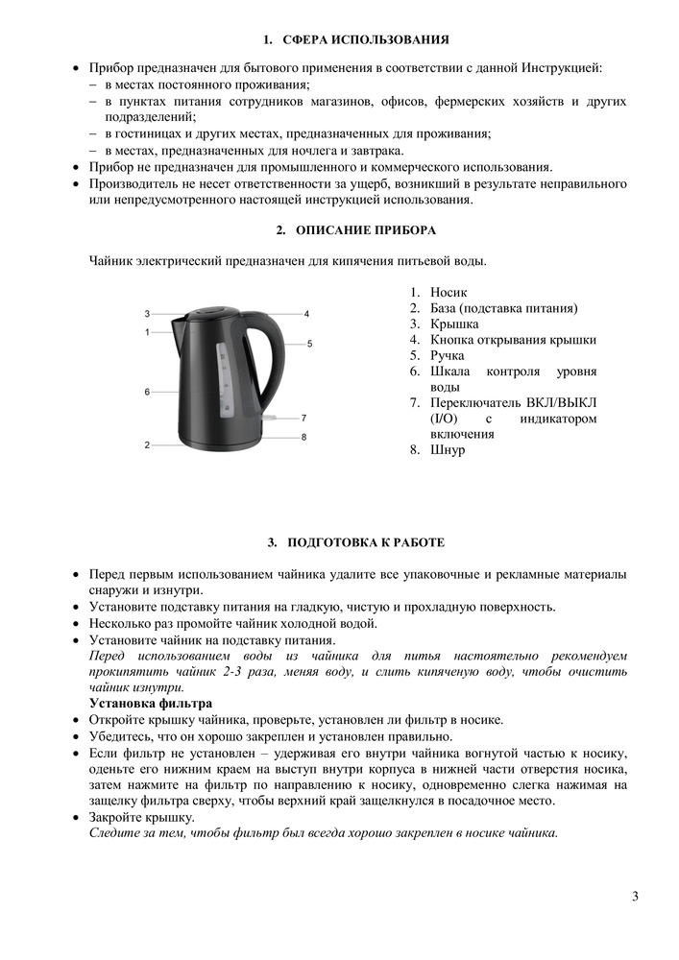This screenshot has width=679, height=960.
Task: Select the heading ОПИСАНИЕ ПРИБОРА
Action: click(x=365, y=230)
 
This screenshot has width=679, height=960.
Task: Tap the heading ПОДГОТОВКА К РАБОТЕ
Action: click(x=365, y=543)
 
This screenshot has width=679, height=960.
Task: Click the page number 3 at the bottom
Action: click(x=635, y=897)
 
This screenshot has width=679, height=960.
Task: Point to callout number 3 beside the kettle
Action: click(x=147, y=314)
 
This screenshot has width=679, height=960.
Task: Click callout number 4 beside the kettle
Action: click(x=305, y=314)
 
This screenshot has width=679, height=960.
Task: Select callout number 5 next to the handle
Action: click(x=309, y=343)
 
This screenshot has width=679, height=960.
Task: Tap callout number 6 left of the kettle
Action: click(x=147, y=392)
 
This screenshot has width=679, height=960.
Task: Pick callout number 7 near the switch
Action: click(x=303, y=418)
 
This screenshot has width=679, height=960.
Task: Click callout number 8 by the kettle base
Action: click(x=303, y=438)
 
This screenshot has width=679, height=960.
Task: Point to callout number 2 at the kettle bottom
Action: click(x=147, y=444)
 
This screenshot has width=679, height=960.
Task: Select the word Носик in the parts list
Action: click(x=449, y=292)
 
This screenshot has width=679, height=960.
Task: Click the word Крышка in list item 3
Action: click(x=454, y=324)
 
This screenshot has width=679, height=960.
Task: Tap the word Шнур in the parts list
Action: click(x=448, y=450)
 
